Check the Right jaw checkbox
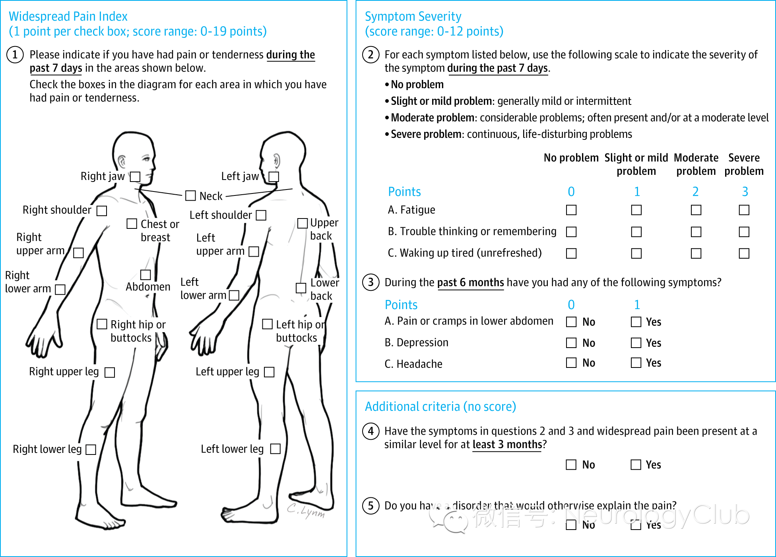(136, 176)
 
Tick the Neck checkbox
(190, 195)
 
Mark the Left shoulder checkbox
(261, 215)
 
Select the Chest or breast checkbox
(132, 224)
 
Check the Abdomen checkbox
(145, 275)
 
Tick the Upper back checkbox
(303, 223)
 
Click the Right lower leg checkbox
(91, 449)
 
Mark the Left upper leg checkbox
(269, 372)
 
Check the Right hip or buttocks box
(102, 324)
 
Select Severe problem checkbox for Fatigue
(744, 210)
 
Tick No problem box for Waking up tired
(571, 253)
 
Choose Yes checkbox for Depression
(636, 342)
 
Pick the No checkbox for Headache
(571, 363)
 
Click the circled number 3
(371, 282)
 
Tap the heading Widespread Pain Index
(68, 16)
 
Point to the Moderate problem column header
(696, 164)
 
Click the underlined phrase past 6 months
(470, 282)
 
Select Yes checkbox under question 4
(636, 464)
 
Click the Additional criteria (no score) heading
(440, 406)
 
